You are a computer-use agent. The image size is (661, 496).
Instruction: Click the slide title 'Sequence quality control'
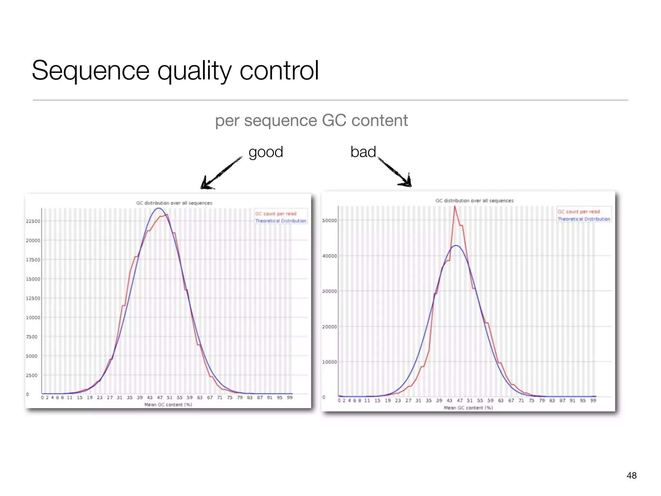[x=175, y=70]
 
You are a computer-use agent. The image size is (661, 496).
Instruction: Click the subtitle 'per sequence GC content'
[x=311, y=120]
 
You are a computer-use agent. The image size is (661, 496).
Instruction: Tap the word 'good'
[x=266, y=152]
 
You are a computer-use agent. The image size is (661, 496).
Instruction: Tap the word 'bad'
[x=363, y=152]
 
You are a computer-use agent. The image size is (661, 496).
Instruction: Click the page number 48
[x=631, y=475]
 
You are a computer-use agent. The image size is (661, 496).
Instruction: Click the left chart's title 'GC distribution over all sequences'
[x=174, y=203]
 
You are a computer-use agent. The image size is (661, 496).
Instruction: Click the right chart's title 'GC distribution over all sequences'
[x=474, y=201]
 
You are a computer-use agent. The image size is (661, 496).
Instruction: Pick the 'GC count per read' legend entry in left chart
[x=276, y=214]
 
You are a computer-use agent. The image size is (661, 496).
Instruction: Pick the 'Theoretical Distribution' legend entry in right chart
[x=584, y=219]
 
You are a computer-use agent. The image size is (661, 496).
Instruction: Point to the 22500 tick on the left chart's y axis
[x=33, y=221]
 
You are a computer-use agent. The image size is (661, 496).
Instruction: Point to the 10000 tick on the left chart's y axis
[x=33, y=317]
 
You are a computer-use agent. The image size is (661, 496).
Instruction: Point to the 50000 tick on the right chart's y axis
[x=330, y=221]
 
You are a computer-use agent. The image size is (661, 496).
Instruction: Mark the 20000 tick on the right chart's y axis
[x=330, y=327]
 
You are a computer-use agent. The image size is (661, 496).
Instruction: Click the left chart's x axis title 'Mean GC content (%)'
[x=168, y=405]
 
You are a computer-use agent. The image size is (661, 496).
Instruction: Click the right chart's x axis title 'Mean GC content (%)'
[x=468, y=408]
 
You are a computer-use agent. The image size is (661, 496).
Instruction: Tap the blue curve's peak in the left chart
[x=158, y=209]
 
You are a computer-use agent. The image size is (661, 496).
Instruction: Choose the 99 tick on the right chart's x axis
[x=593, y=400]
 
